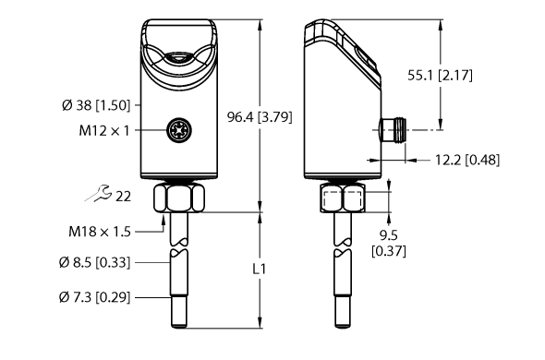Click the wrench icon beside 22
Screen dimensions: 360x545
point(96,194)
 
